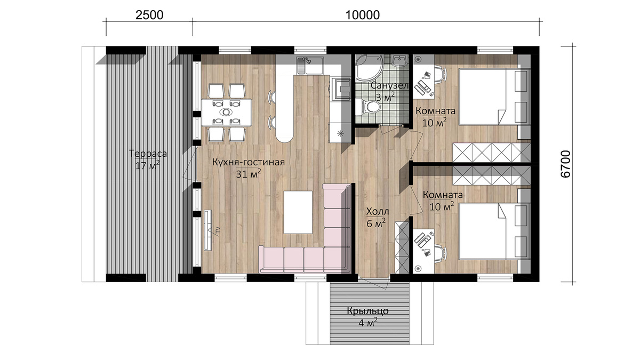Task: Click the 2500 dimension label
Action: tap(149, 15)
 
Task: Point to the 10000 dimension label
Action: tap(363, 15)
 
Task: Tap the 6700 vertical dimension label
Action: tap(566, 164)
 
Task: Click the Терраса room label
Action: tap(148, 154)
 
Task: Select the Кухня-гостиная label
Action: tap(249, 162)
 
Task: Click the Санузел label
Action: tap(389, 85)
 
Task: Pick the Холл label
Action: tap(378, 212)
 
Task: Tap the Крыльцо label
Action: tap(367, 311)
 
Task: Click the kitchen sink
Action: tap(310, 65)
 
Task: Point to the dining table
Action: tap(226, 112)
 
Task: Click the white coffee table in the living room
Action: tap(298, 212)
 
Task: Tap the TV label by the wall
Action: tap(218, 230)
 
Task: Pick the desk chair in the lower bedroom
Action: tap(440, 253)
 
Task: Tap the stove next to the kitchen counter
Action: tap(341, 89)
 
